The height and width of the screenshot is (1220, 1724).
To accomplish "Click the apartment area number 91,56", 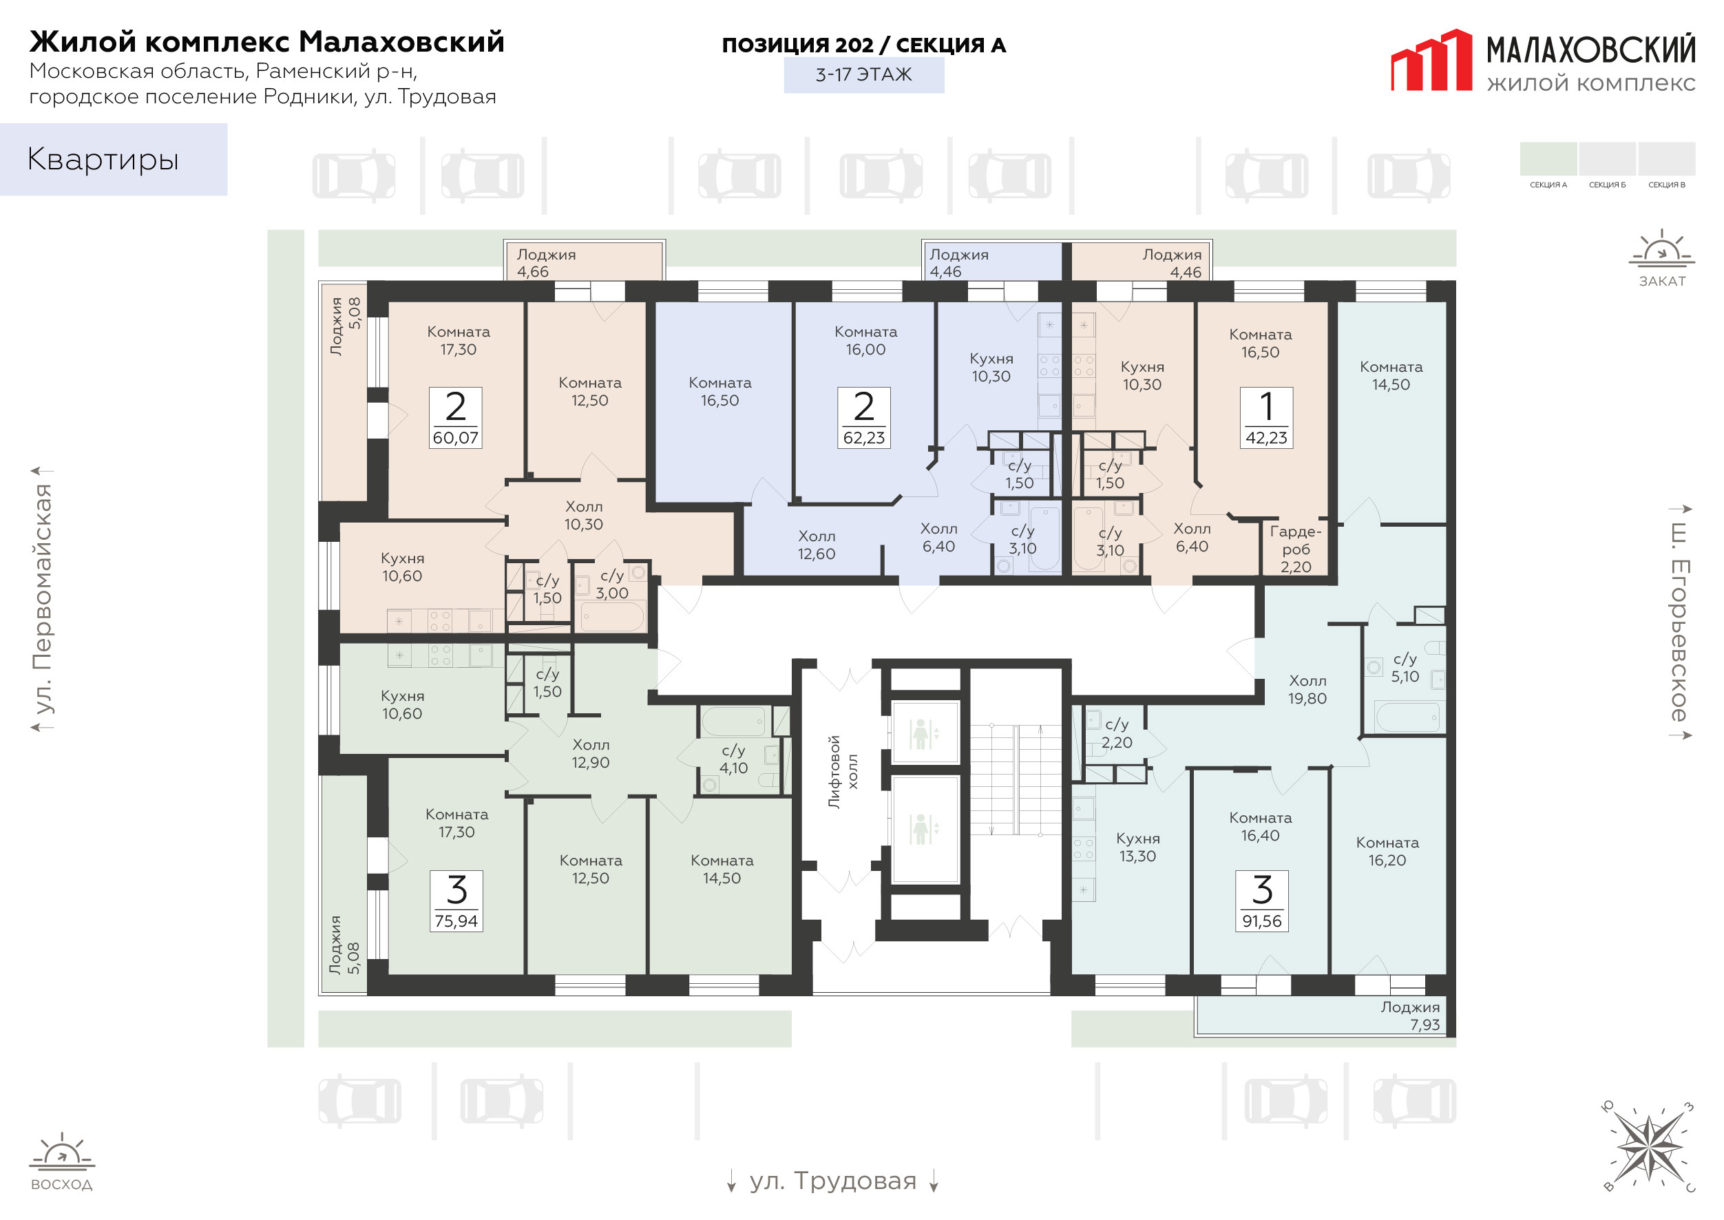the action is [x=1261, y=921].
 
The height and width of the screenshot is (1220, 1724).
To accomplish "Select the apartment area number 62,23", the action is [x=864, y=437].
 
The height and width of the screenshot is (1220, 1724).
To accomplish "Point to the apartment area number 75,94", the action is [x=456, y=921].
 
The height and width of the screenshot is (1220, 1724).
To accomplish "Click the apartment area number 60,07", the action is [x=455, y=437].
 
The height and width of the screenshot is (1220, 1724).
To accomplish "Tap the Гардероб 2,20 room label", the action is [x=1295, y=549].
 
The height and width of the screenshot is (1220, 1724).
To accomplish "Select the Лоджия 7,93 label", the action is [x=1410, y=1016].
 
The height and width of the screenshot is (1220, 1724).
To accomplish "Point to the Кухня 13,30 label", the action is [x=1137, y=847].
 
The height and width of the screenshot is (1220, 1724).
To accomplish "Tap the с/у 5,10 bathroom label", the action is [x=1405, y=667].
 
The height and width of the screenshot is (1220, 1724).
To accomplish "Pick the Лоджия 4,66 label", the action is [x=546, y=263].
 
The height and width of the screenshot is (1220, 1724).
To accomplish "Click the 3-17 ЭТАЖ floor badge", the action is [x=864, y=75].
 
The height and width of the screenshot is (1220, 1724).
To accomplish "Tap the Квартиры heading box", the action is [x=114, y=159].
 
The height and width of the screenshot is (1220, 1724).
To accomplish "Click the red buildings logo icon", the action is [x=1431, y=60].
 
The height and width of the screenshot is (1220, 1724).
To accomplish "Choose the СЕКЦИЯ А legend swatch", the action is [x=1548, y=158].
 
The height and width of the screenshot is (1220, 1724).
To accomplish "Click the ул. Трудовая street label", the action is [x=832, y=1181].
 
